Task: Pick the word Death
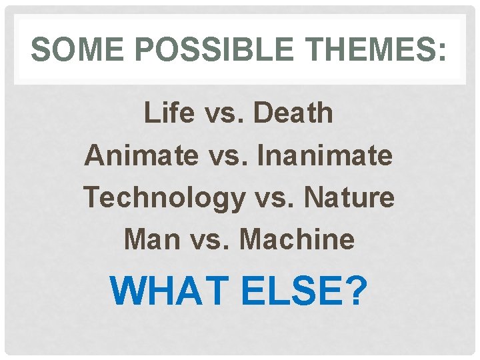[293, 113]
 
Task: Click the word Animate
[141, 155]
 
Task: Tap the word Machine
[297, 239]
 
